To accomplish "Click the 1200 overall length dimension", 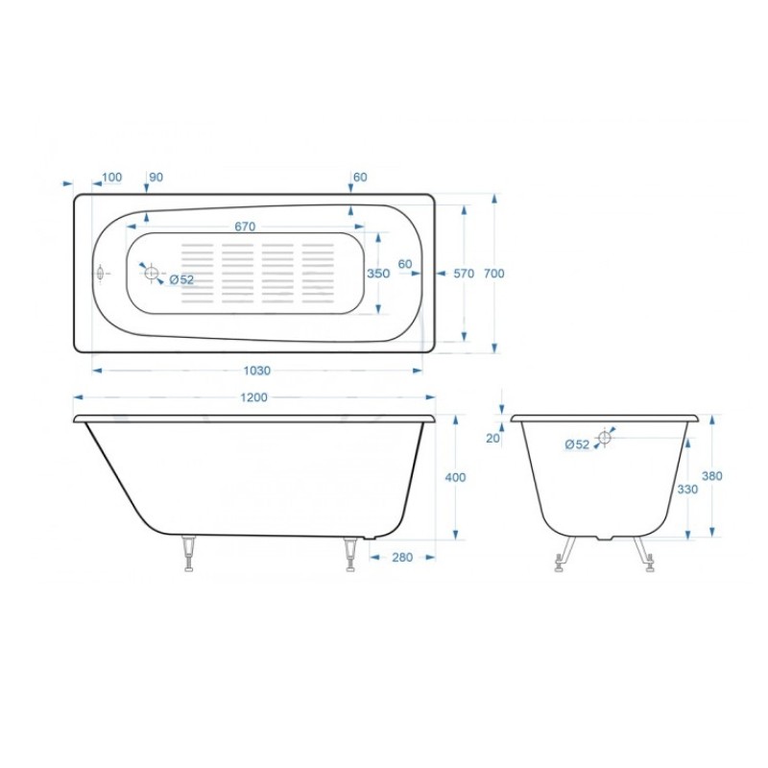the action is (253, 397).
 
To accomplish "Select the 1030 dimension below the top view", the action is (256, 371).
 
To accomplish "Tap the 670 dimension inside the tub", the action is (245, 227).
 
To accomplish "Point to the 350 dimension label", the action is (378, 274).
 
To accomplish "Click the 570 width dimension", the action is (464, 274).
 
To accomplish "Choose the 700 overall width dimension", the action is (493, 274).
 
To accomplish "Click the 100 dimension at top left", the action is (111, 177).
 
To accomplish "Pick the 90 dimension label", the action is (156, 177).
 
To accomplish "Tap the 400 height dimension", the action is (455, 476).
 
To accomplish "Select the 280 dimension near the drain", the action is (402, 558).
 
